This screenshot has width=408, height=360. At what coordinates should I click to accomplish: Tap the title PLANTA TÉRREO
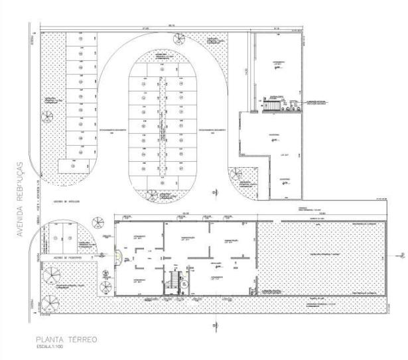[x=68, y=339]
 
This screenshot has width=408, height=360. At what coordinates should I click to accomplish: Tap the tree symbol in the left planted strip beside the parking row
[x=47, y=117]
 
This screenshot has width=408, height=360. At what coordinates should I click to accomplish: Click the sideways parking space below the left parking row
[x=74, y=166]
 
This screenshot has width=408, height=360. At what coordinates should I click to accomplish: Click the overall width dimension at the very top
[x=170, y=25]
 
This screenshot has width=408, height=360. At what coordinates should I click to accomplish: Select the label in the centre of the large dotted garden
[x=320, y=253]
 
